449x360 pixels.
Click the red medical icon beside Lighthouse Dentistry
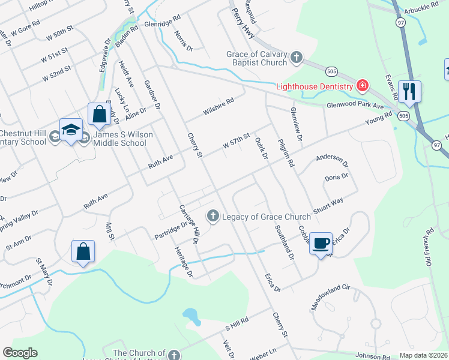[x=362, y=86]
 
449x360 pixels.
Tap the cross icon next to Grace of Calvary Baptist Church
[x=296, y=58]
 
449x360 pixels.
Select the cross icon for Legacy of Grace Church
[x=213, y=216]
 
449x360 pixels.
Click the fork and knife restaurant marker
[x=409, y=92]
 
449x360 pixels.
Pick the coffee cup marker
[x=321, y=243]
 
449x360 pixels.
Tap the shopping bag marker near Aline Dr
[x=98, y=115]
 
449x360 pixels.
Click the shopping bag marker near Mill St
[x=83, y=252]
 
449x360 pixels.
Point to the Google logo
[x=20, y=353]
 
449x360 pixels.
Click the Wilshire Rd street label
[x=217, y=106]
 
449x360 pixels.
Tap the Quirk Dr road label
[x=261, y=148]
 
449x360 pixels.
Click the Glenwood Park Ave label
[x=354, y=106]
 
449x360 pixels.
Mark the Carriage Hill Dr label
[x=189, y=224]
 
